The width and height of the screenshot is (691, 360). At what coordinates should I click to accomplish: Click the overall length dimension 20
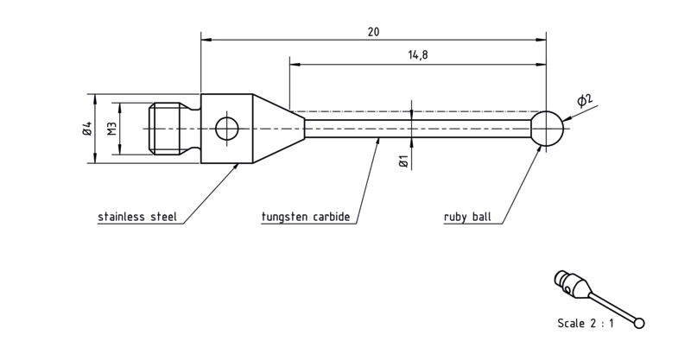(373, 32)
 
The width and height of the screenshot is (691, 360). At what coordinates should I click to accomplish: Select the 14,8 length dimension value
(418, 55)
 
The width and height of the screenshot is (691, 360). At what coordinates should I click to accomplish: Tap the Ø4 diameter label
(87, 129)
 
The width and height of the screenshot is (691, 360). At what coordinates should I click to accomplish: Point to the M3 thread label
(112, 129)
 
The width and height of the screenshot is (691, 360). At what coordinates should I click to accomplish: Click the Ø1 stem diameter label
(403, 161)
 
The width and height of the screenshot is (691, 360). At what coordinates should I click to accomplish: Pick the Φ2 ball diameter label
(586, 100)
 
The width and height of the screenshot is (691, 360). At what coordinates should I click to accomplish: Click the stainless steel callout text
(137, 217)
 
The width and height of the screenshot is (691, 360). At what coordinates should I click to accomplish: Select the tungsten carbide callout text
(306, 217)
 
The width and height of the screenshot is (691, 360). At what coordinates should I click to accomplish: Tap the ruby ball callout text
(467, 217)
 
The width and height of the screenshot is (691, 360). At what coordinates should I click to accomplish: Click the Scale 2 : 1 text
(586, 324)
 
